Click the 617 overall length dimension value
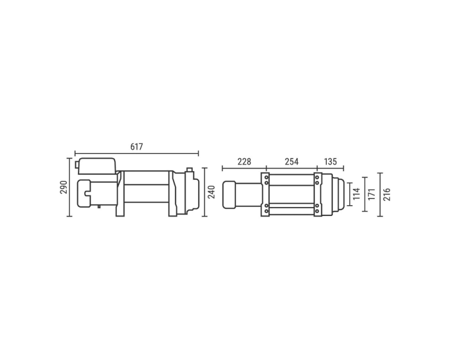137,147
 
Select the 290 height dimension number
63,187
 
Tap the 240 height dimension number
211,192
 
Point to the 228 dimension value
244,162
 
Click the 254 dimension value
292,162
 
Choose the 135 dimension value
330,162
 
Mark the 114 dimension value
356,194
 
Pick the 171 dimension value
372,194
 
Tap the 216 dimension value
387,194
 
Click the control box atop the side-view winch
97,166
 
